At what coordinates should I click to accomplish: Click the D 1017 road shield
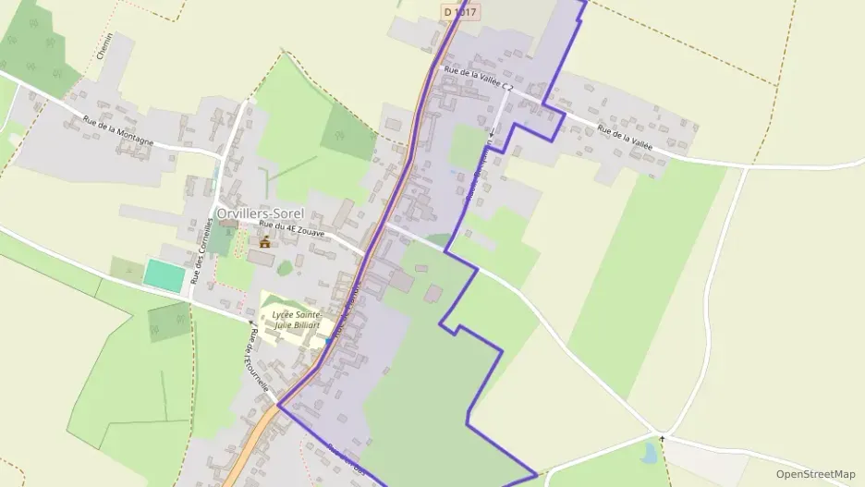click(459, 12)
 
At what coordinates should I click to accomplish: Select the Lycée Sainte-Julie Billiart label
click(296, 320)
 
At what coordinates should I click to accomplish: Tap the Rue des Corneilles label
click(196, 255)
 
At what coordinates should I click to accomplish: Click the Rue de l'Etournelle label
click(259, 361)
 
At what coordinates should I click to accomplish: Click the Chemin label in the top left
click(104, 46)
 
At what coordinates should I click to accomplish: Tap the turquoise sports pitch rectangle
click(163, 274)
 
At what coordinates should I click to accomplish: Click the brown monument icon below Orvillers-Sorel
click(265, 242)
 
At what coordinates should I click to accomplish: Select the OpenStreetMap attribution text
click(816, 473)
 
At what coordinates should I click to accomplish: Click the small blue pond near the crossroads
click(651, 453)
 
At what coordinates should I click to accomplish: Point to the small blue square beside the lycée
click(328, 341)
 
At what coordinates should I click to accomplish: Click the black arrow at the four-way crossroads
click(662, 435)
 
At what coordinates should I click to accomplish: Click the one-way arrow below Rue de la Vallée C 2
click(492, 134)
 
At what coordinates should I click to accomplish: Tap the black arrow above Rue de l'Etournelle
click(250, 323)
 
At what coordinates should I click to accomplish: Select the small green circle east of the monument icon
click(285, 268)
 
